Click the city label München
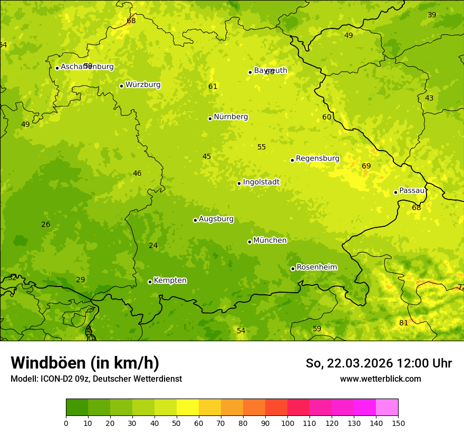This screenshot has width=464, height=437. click(x=269, y=241)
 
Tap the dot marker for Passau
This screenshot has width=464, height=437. click(x=395, y=192)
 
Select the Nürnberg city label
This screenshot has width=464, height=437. click(x=230, y=117)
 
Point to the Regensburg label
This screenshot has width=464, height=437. click(x=317, y=158)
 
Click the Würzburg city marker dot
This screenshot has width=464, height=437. click(x=121, y=86)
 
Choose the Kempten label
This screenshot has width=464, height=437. click(x=170, y=281)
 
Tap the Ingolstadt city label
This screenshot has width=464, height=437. click(x=261, y=182)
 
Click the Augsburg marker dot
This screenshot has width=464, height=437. click(x=195, y=220)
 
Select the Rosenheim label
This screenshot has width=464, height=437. click(x=316, y=267)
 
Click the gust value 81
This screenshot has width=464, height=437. click(x=403, y=323)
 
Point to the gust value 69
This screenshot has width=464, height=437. click(x=366, y=166)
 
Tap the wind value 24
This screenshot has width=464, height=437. click(x=153, y=246)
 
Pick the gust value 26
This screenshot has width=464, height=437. click(x=46, y=225)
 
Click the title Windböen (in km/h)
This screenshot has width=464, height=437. click(x=85, y=363)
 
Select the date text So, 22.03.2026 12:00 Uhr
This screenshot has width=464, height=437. click(x=379, y=363)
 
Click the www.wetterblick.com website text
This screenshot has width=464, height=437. click(x=380, y=379)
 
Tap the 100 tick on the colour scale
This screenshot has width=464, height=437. click(x=287, y=423)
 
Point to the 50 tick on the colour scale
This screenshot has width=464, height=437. click(x=177, y=423)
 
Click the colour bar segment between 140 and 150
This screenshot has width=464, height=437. click(x=387, y=408)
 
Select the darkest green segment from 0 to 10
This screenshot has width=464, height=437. click(x=77, y=408)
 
